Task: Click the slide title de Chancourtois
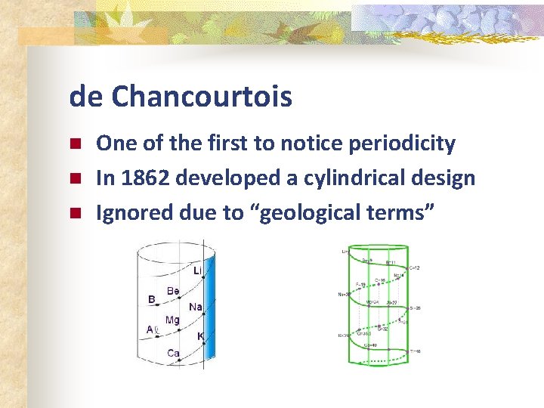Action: coord(180,97)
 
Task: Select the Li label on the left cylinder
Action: coord(197,270)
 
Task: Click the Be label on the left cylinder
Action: coord(173,291)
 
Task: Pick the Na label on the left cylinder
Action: coord(195,307)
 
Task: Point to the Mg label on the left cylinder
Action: coord(172,320)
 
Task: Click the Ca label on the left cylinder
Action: coord(173,353)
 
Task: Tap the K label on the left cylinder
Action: coord(200,335)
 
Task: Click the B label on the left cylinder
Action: coord(151,299)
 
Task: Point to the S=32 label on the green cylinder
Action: coord(383,329)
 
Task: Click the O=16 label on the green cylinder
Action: coord(380,280)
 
